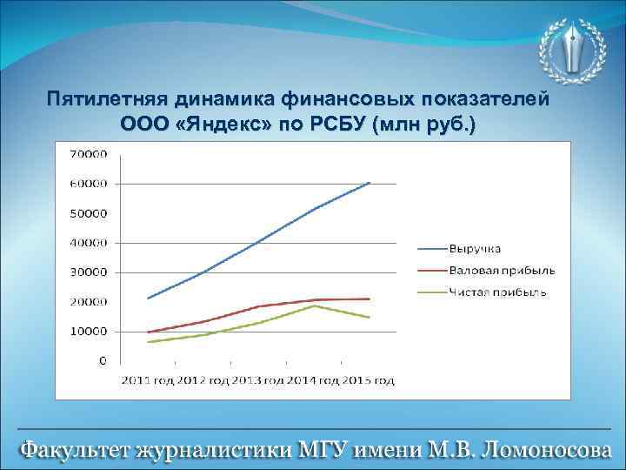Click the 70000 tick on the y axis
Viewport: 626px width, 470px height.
(88, 154)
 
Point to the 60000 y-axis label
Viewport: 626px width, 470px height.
(88, 184)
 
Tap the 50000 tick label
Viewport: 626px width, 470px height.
(88, 213)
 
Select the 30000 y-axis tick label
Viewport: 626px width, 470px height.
(88, 272)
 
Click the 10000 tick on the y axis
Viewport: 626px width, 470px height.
(88, 332)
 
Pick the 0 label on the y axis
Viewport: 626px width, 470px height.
(103, 360)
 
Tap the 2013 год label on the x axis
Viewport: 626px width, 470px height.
(258, 380)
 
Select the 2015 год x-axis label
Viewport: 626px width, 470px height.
(369, 380)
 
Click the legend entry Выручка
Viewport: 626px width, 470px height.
(476, 251)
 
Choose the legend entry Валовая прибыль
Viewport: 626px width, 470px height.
(502, 271)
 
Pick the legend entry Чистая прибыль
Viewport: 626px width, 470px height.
(498, 292)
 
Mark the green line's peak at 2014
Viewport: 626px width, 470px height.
(314, 305)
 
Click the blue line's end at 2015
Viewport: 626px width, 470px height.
(370, 183)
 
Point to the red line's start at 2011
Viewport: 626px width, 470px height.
(149, 332)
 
